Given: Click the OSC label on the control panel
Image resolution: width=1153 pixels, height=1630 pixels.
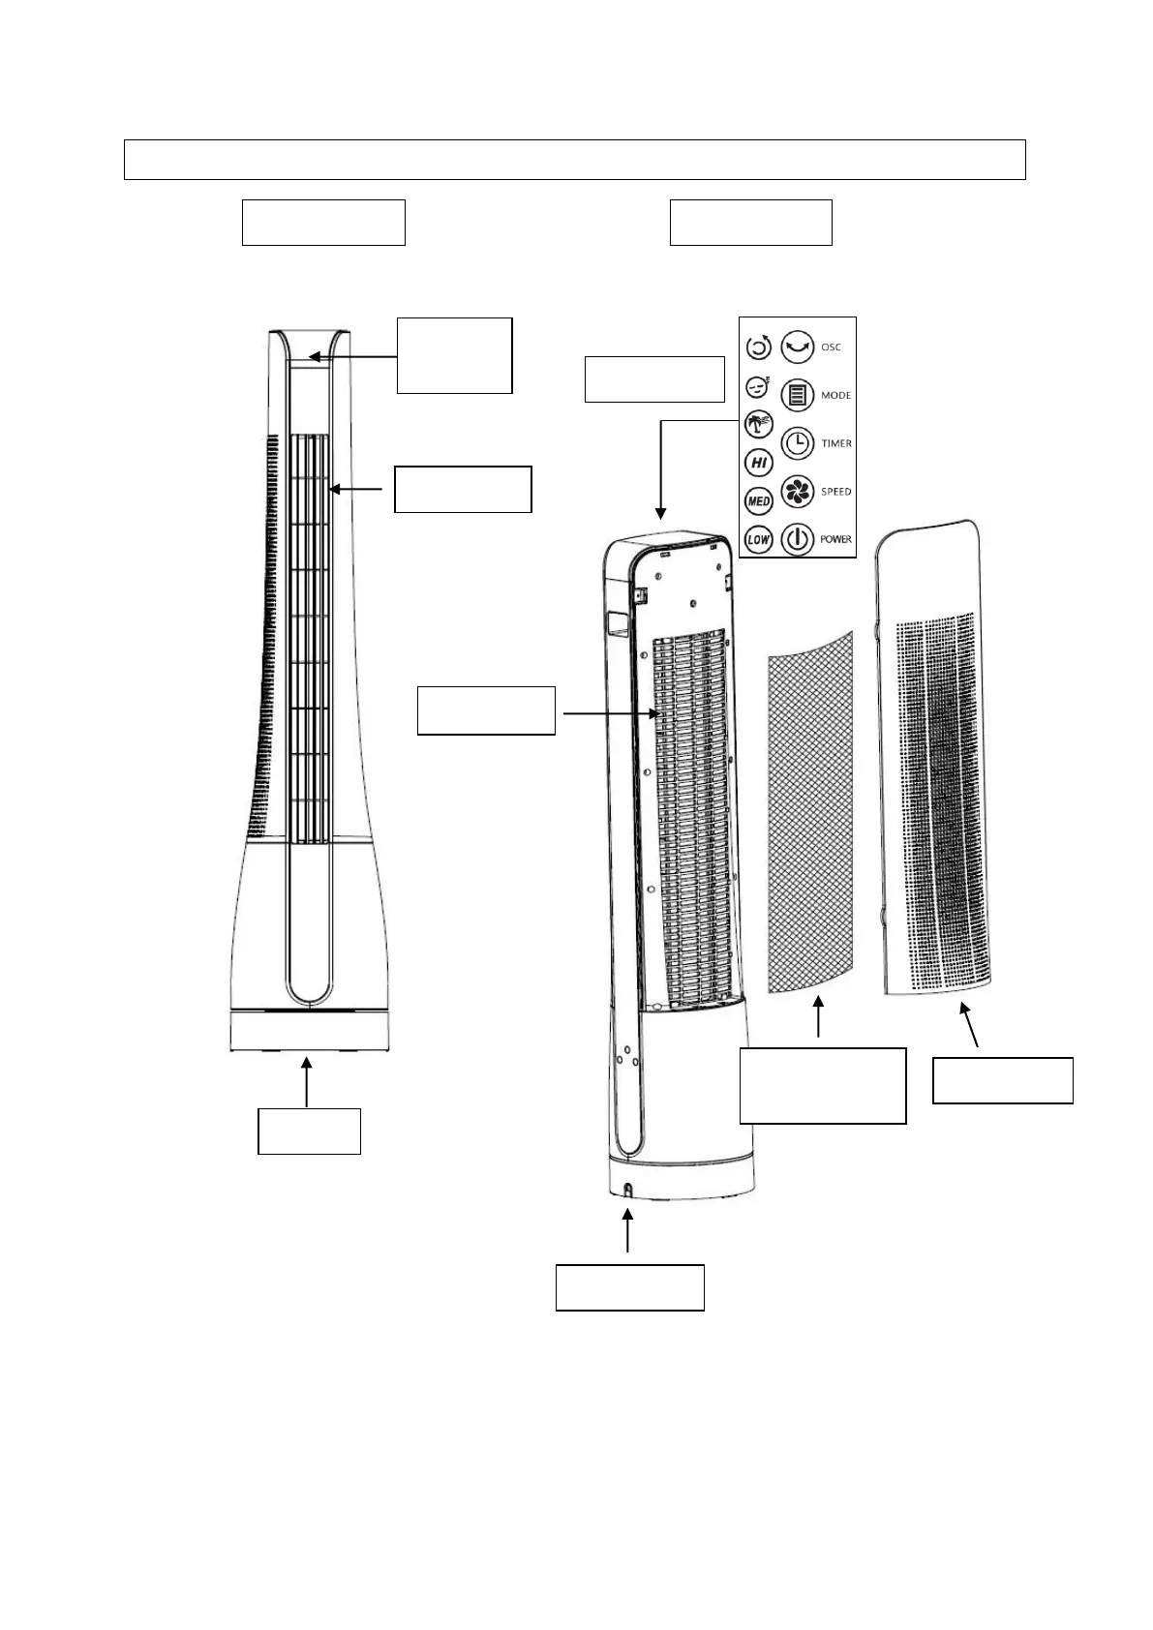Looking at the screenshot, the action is [x=831, y=347].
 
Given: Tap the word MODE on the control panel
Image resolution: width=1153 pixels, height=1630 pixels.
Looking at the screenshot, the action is [x=835, y=396].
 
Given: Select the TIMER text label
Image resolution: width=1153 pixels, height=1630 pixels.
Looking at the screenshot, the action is [x=836, y=443].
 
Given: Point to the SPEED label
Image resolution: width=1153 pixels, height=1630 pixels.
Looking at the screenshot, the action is [x=835, y=492].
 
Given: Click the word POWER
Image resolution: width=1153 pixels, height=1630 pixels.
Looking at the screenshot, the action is [x=835, y=539].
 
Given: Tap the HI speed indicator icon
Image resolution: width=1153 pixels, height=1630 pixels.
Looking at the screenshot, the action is [x=759, y=463].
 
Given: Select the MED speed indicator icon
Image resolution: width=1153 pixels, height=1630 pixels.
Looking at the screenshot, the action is [x=758, y=501].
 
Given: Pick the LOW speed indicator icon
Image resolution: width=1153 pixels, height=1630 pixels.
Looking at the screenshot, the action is [x=758, y=539].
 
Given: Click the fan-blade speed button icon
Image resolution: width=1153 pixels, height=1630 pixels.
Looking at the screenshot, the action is [x=797, y=491].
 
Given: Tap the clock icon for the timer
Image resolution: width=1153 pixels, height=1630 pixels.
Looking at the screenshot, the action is [x=797, y=443].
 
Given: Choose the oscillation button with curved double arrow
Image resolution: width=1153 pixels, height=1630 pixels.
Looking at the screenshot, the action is [x=797, y=347].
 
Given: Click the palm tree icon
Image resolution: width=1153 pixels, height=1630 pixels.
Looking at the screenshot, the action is [x=758, y=424].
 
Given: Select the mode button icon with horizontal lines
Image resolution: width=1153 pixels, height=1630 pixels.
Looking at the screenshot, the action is [x=797, y=395].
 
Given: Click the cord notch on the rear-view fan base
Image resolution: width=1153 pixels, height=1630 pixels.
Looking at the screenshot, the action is [x=626, y=1190].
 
